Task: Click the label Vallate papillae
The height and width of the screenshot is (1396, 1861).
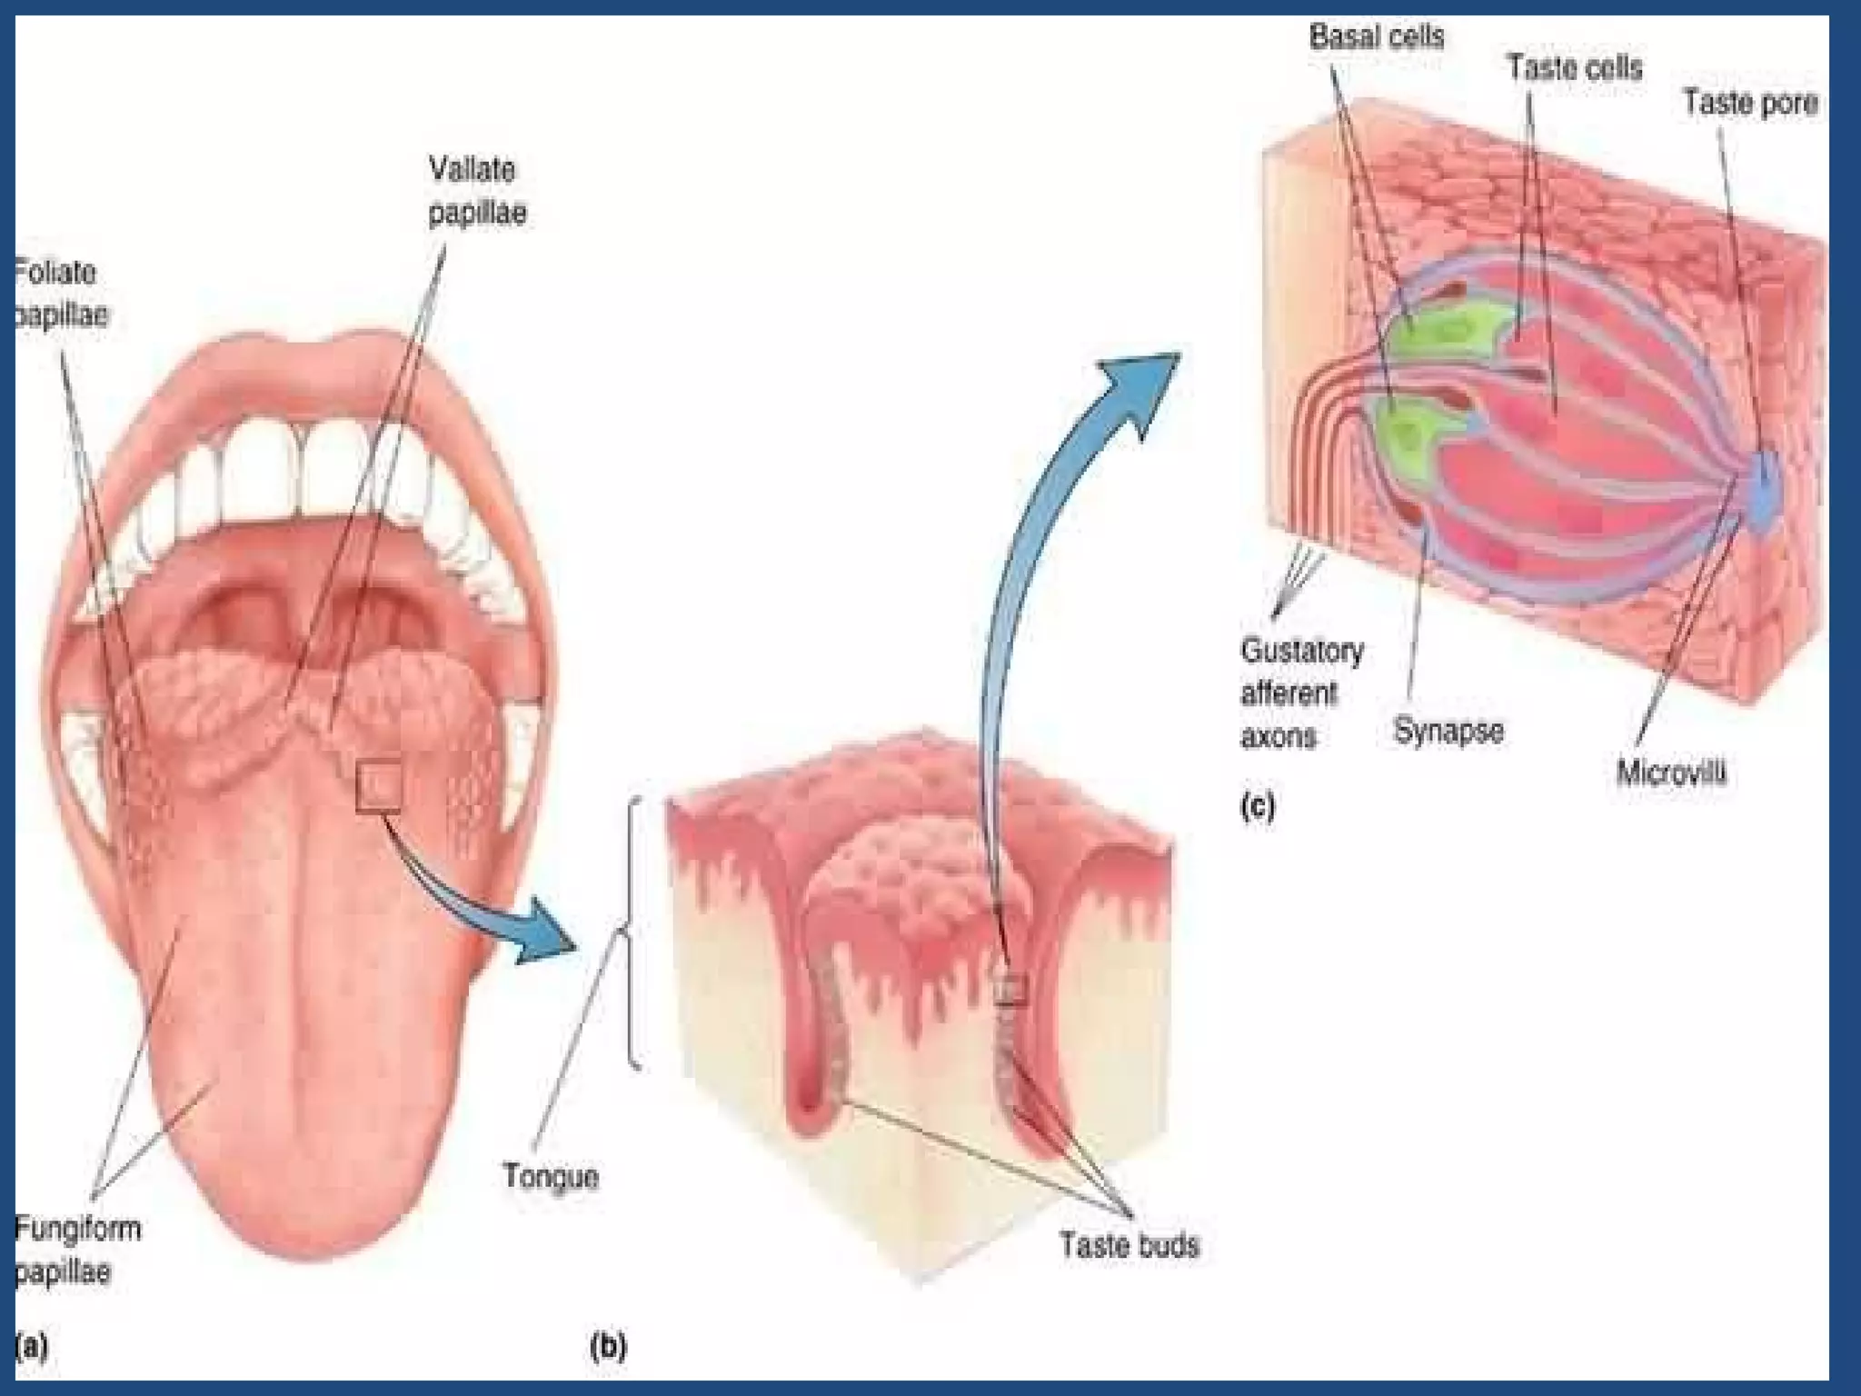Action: (x=476, y=191)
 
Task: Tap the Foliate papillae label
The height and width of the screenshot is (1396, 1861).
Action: (x=59, y=294)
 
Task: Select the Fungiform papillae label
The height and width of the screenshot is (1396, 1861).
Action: (x=76, y=1250)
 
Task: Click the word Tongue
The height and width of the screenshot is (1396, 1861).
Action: (x=551, y=1176)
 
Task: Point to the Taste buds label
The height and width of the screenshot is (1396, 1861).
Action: (x=1129, y=1244)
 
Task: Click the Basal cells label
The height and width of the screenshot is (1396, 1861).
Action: (x=1376, y=37)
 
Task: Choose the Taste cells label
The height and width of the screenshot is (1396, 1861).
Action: (x=1575, y=67)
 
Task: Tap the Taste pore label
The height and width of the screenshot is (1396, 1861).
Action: (x=1749, y=103)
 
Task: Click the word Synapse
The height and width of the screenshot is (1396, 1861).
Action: (x=1448, y=730)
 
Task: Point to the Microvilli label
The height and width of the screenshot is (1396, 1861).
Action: (x=1670, y=773)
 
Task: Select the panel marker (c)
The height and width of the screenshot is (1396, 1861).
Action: (x=1257, y=806)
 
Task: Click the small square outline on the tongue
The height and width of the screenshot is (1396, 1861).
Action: (x=379, y=787)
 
